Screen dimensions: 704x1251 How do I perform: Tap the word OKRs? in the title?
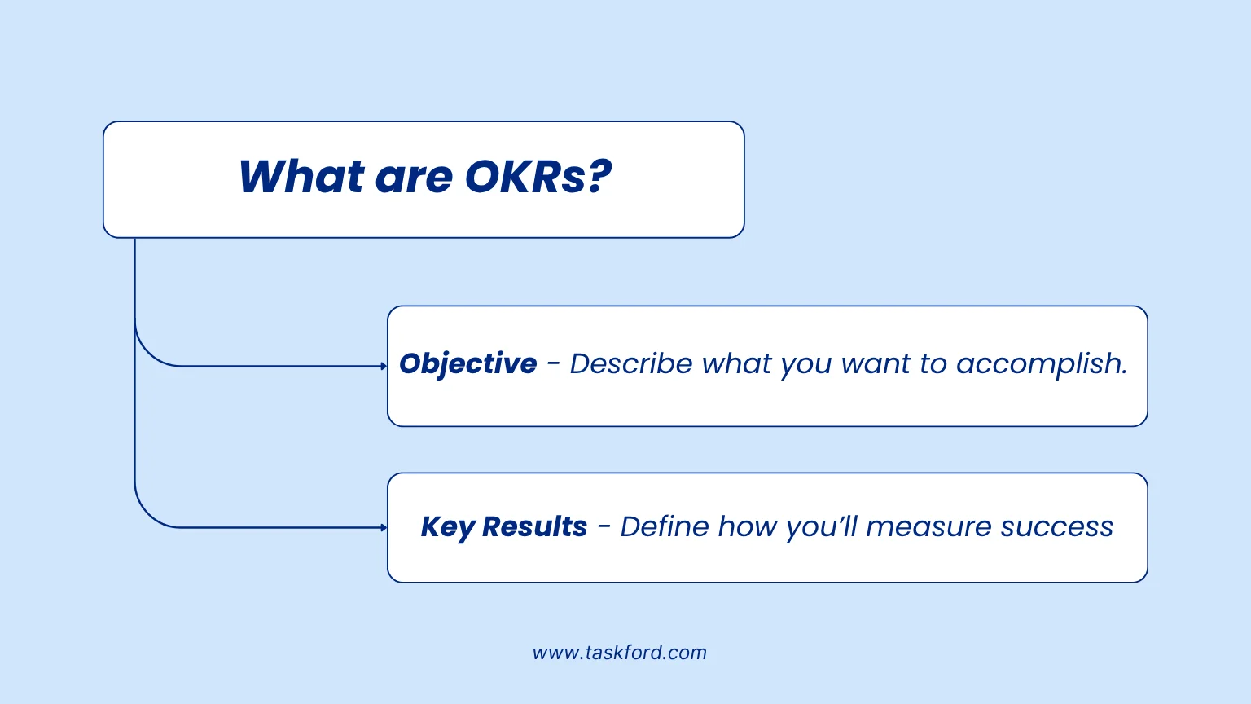[538, 177]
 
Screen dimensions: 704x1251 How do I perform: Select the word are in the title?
[413, 178]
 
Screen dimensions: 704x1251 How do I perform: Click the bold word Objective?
[468, 363]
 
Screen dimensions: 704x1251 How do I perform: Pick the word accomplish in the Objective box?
[1041, 363]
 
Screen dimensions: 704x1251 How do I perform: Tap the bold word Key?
[447, 527]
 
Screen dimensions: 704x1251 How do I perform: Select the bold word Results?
[534, 527]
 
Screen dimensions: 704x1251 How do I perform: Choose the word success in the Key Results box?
[1056, 527]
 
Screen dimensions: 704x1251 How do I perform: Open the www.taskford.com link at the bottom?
[619, 653]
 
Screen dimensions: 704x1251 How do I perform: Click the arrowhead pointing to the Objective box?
[384, 367]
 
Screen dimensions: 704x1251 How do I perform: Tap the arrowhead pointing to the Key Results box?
[384, 528]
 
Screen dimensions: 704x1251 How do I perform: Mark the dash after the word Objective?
[554, 364]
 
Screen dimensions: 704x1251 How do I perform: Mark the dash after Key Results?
[604, 527]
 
